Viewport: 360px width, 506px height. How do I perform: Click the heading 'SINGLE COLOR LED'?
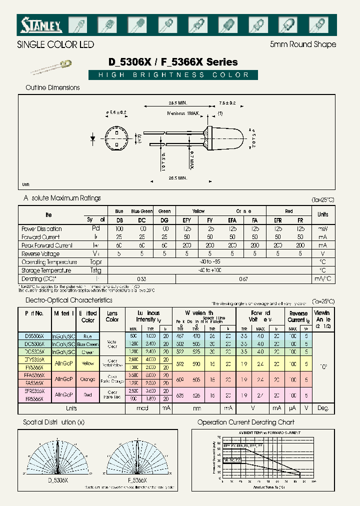[55, 45]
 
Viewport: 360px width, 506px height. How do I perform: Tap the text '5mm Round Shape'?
[303, 44]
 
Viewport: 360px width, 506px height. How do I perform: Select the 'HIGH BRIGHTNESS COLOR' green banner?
[173, 75]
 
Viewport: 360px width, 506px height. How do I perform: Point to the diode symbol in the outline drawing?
[93, 137]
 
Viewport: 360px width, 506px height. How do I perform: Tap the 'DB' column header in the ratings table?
[119, 219]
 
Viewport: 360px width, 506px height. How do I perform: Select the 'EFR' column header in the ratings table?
[277, 219]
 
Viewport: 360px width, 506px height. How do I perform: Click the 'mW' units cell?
[322, 228]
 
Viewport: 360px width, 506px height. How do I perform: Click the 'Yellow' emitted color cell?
[87, 363]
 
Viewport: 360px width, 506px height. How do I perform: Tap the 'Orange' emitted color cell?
[87, 379]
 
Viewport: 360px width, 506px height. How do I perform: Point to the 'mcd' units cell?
[141, 408]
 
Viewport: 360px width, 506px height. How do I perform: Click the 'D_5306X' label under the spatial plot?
[58, 479]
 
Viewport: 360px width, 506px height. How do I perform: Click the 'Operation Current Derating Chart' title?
[246, 422]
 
